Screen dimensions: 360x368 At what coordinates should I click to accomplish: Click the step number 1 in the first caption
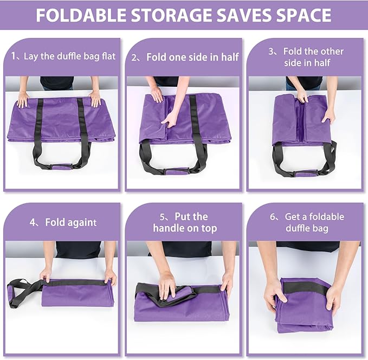pyautogui.click(x=14, y=56)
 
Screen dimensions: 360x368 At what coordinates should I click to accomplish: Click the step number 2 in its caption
pyautogui.click(x=135, y=56)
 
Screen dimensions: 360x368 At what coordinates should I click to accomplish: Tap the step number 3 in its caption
pyautogui.click(x=272, y=52)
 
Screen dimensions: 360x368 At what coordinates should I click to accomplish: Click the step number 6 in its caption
pyautogui.click(x=273, y=217)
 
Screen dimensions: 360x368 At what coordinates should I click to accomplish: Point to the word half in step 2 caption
pyautogui.click(x=228, y=56)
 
